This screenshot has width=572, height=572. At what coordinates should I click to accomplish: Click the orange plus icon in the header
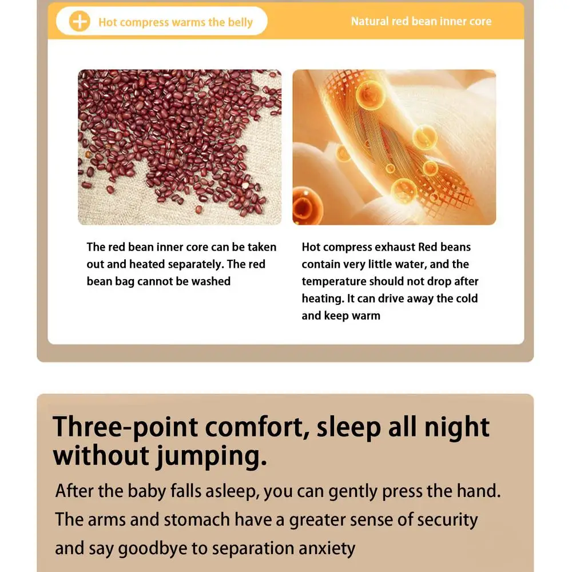(79, 21)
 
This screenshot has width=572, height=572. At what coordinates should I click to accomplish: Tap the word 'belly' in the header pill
(240, 23)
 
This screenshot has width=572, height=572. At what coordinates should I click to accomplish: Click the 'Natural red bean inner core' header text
(421, 21)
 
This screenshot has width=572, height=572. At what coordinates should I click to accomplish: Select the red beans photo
(180, 147)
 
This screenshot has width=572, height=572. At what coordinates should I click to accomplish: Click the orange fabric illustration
(394, 147)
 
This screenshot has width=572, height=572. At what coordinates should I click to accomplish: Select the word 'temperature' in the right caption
(334, 281)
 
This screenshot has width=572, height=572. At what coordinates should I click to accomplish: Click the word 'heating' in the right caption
(323, 299)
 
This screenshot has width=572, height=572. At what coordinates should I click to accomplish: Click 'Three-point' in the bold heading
(125, 427)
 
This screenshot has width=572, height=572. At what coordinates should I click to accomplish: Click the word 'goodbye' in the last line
(153, 549)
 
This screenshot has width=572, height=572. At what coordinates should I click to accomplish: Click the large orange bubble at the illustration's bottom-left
(308, 206)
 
